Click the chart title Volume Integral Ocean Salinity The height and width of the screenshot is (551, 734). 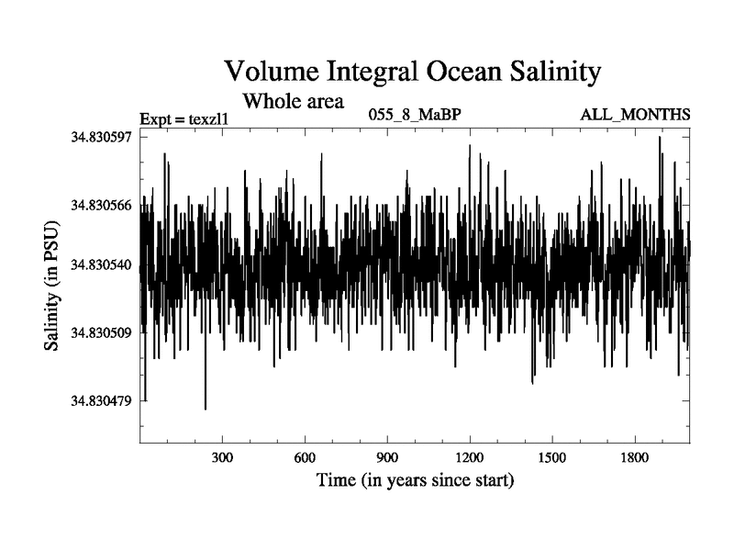412,71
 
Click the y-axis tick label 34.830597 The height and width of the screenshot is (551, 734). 101,137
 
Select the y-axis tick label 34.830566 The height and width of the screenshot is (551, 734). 101,204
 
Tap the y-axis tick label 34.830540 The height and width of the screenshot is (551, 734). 101,265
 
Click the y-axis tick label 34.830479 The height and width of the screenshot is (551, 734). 101,400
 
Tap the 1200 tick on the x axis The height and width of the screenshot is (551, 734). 469,457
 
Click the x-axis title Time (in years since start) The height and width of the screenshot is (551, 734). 415,480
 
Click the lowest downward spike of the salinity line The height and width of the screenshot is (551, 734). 206,409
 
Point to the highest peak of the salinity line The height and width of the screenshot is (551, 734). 660,137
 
